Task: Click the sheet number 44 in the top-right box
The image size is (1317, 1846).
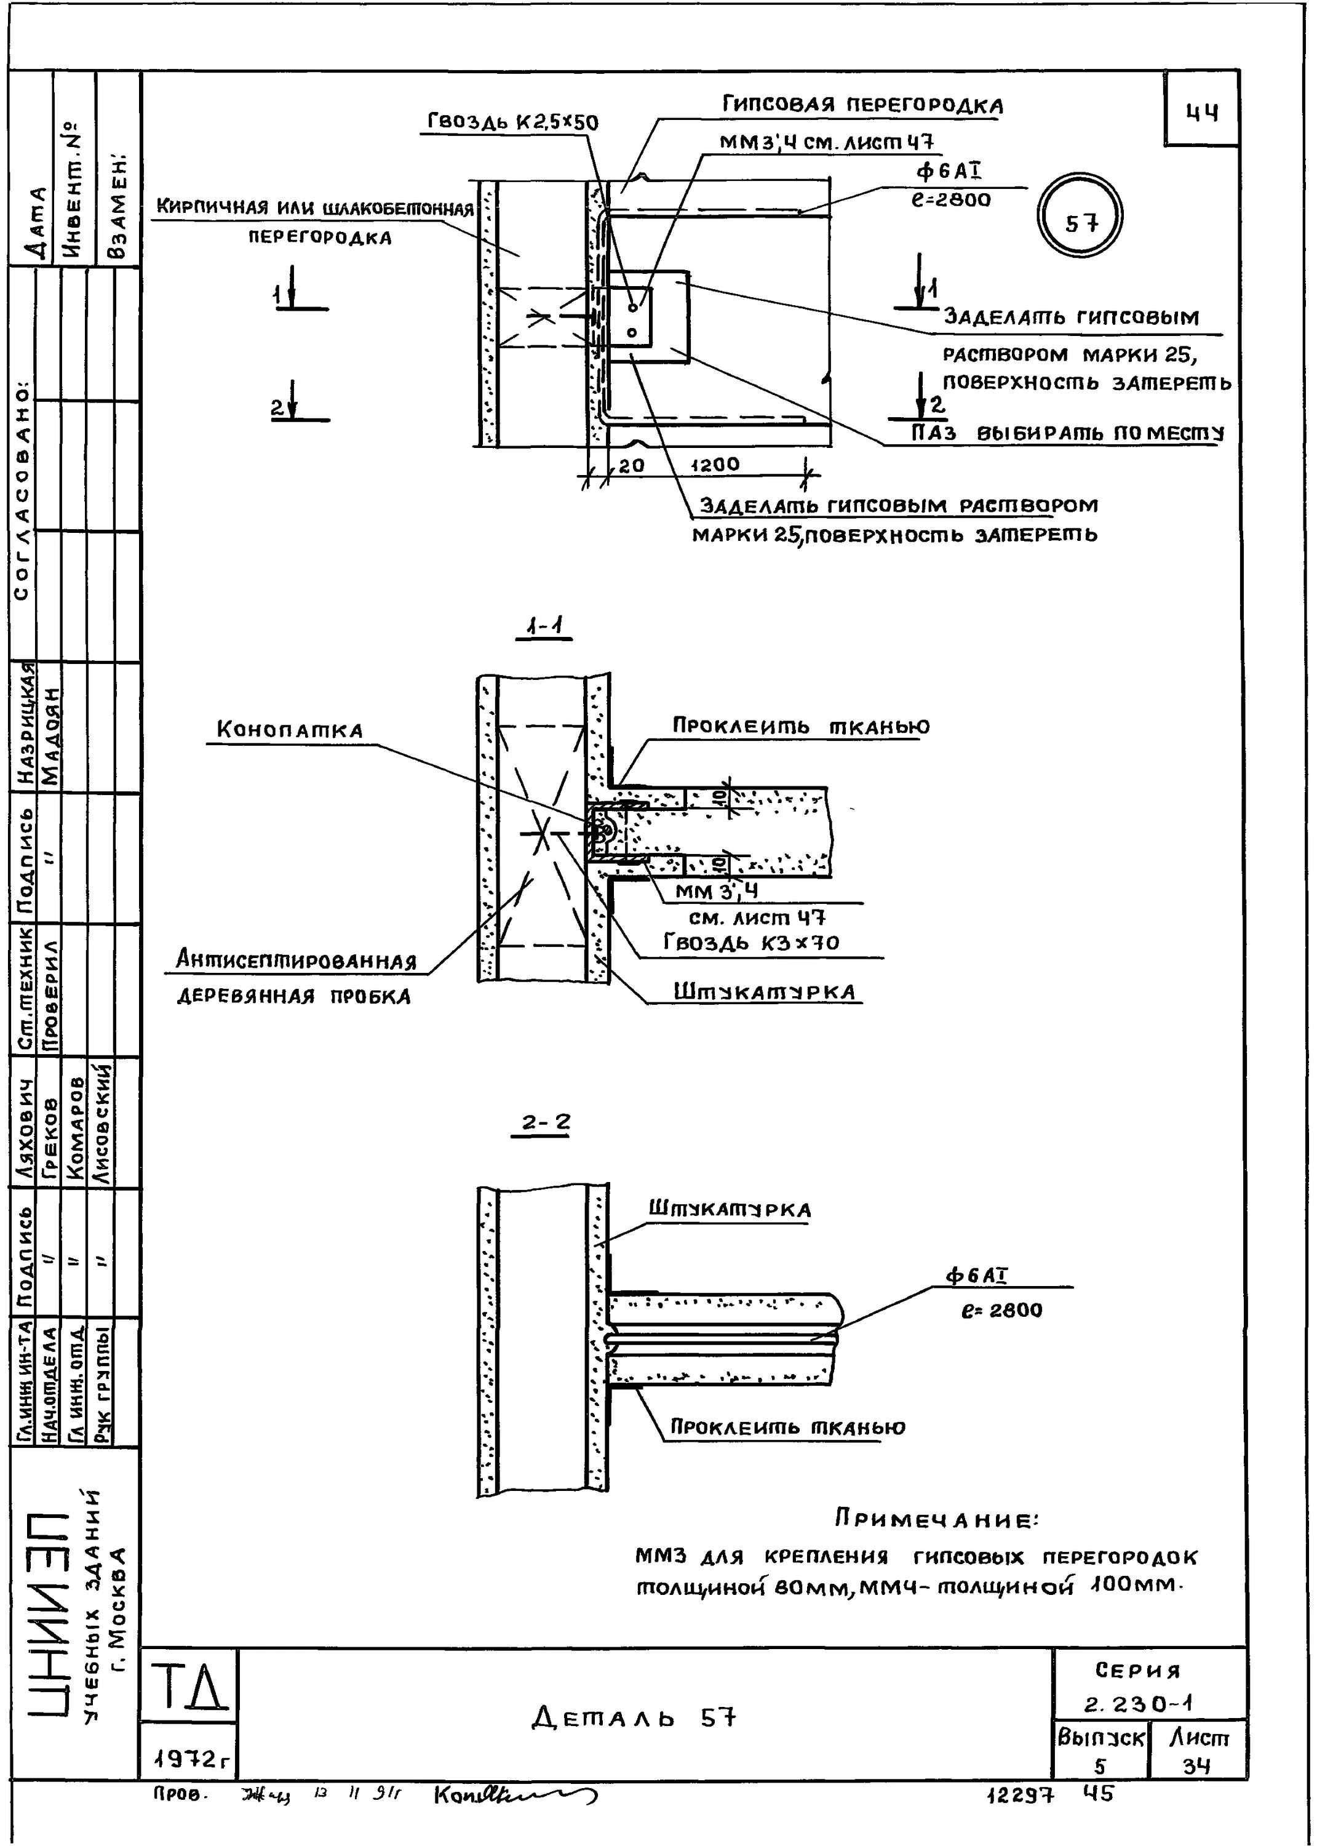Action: [x=1202, y=113]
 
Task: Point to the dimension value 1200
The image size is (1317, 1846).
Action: [x=714, y=465]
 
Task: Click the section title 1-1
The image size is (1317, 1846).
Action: [x=544, y=626]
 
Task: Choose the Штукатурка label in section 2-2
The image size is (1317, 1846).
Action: [x=729, y=1209]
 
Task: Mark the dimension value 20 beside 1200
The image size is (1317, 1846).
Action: [x=631, y=465]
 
